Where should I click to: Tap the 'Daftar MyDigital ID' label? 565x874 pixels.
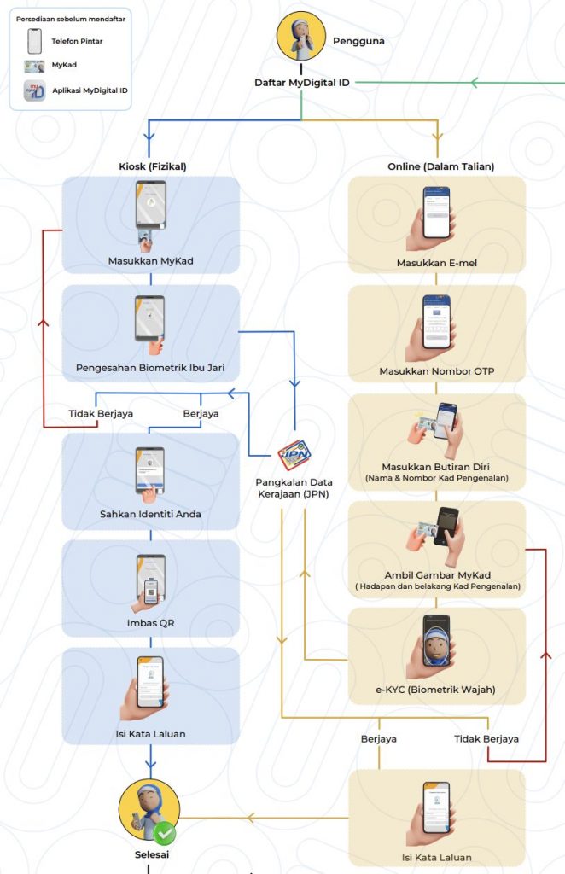pos(302,83)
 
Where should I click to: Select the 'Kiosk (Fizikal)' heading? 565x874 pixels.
pos(153,166)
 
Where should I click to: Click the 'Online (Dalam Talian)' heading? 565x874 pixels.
pos(437,166)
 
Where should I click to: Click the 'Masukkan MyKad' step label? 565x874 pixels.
pos(150,261)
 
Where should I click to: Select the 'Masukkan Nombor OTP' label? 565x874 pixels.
pos(436,371)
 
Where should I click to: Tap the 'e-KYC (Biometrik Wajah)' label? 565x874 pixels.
pos(436,690)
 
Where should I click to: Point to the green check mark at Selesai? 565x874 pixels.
pos(165,830)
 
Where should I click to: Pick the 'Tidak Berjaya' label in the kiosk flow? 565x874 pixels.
pos(101,414)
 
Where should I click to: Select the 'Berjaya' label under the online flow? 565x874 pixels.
pos(379,738)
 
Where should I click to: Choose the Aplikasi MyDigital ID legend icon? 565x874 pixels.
pos(35,91)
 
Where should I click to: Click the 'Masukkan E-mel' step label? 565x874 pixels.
pos(436,263)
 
